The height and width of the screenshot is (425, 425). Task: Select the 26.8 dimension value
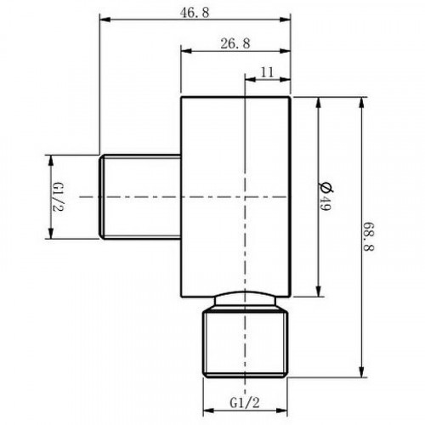[235, 44]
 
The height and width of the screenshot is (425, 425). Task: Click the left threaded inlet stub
[141, 196]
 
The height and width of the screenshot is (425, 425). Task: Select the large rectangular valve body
[236, 196]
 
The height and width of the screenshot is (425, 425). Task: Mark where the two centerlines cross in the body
[246, 196]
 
